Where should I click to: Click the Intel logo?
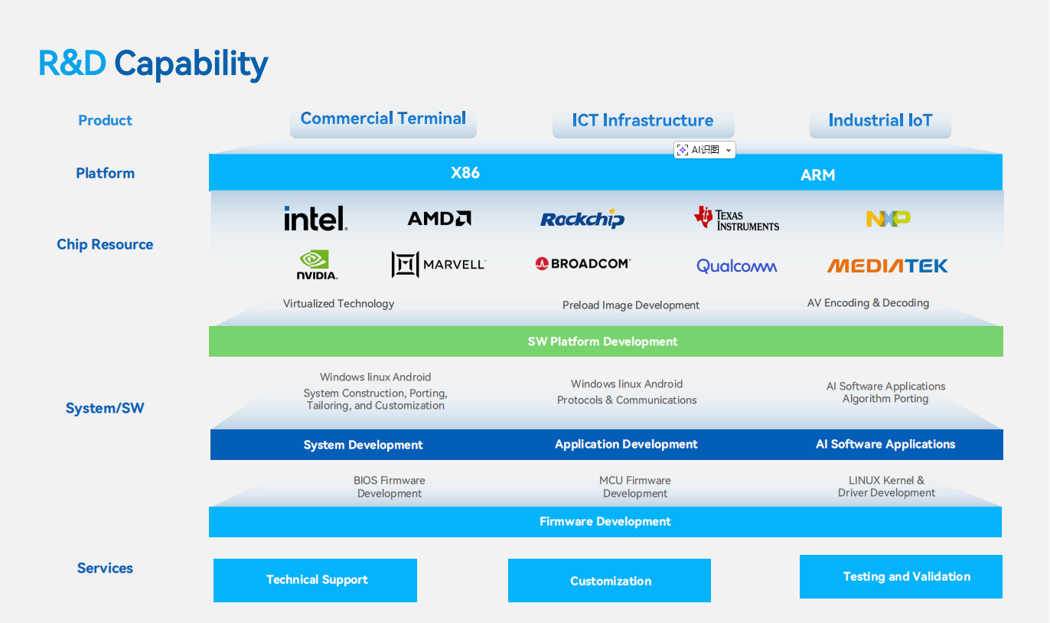point(315,218)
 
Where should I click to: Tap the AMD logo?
point(439,219)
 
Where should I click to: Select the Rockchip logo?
point(582,220)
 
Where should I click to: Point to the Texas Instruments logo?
point(736,218)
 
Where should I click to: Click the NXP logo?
point(888,219)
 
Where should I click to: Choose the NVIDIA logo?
point(317,265)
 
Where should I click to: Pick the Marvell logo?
point(439,264)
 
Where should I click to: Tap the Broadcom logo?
point(583,263)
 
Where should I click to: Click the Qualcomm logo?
point(736,266)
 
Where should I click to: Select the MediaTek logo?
point(887,266)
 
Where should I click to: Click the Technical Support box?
point(315,580)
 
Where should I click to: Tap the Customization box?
point(609,581)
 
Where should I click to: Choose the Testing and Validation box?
point(901,576)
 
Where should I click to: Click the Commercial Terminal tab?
point(383,119)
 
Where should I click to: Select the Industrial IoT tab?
point(880,121)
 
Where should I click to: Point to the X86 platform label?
point(465,173)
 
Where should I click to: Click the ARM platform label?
point(817,175)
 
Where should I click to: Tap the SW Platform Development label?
point(603,341)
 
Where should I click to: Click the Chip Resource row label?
point(105,244)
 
